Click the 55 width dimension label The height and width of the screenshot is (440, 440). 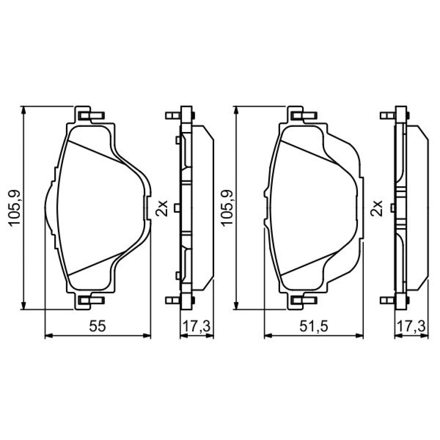coord(97,326)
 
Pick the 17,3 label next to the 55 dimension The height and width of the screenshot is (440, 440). coord(197,326)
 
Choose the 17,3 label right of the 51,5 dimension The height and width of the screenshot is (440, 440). coord(412,326)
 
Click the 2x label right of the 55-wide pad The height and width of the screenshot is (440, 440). coord(162,208)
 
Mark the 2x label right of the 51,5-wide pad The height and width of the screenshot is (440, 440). coord(376,208)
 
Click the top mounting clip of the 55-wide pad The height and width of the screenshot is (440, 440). coord(91,115)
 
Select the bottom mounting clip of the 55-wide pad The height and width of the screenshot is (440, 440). coord(91,300)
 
